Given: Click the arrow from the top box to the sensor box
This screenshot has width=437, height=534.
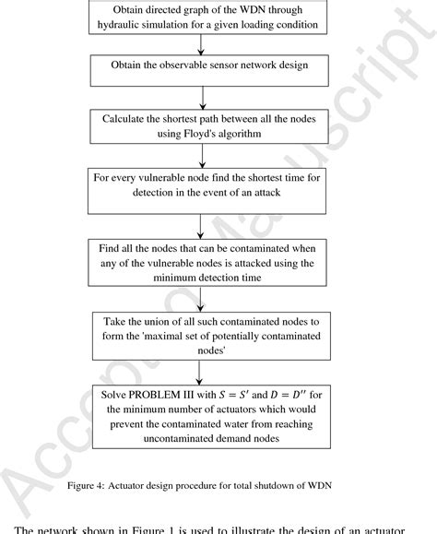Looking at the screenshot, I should coord(199,45).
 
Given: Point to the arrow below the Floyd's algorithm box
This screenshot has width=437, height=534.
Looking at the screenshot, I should coord(199,155).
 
